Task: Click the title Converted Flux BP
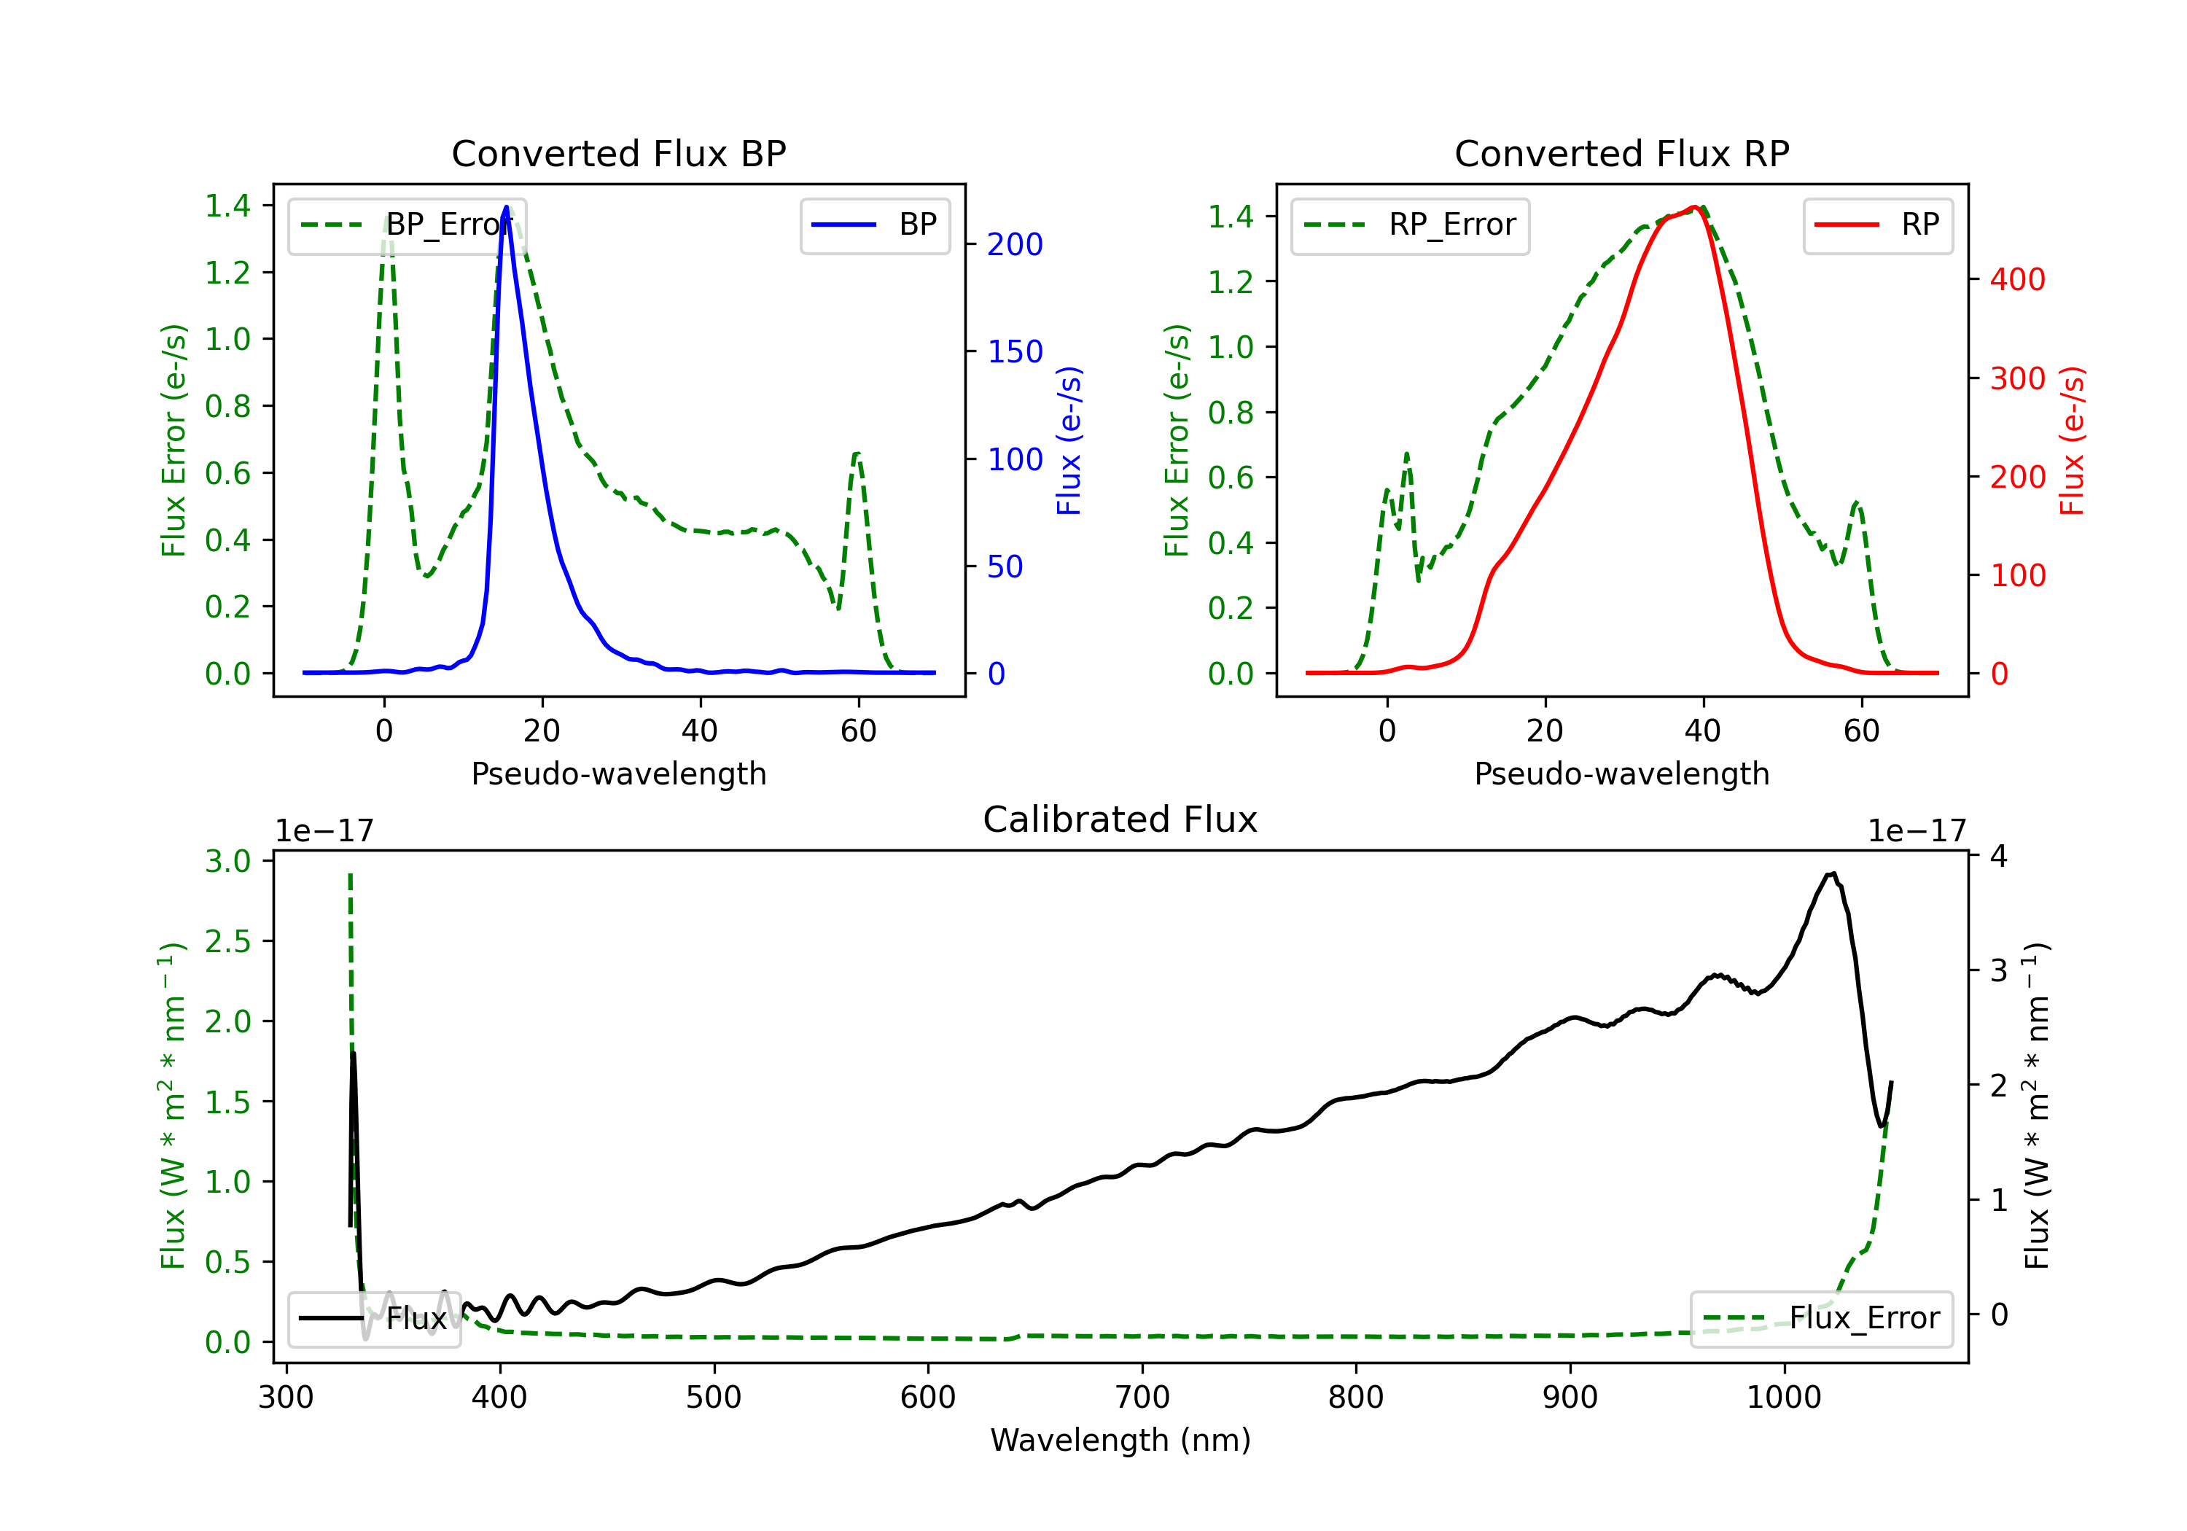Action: coord(618,153)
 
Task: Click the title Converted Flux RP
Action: coord(1621,153)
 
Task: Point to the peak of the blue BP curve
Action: coord(507,207)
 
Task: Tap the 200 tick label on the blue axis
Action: coord(1015,245)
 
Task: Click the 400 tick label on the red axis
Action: coord(2017,280)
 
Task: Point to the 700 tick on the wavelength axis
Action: coord(1142,1398)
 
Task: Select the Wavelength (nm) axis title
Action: coord(1120,1440)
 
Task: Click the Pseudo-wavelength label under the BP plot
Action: coord(618,774)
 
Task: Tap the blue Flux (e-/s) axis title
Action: coord(1069,440)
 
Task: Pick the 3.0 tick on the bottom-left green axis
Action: coord(227,861)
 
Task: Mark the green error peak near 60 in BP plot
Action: coord(857,454)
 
